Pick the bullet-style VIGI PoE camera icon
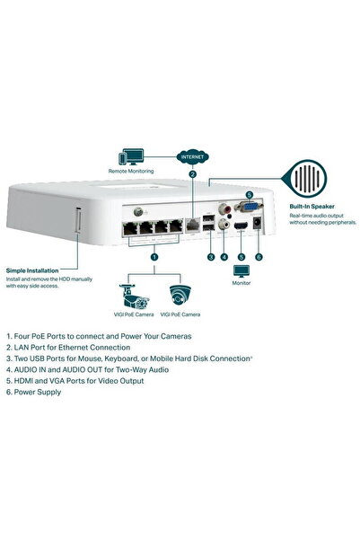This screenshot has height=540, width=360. click(129, 296)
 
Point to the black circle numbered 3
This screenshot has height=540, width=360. click(210, 257)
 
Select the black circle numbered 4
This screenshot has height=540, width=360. click(224, 257)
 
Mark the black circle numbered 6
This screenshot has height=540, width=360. click(259, 257)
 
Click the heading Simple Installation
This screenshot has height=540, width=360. click(32, 270)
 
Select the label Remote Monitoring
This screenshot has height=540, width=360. click(131, 171)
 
